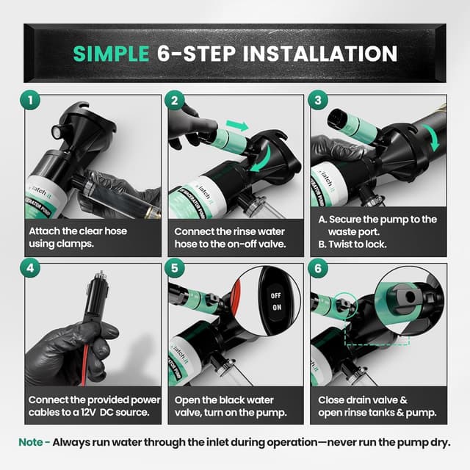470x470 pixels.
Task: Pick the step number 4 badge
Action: coord(31,270)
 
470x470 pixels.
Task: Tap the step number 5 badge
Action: coord(174,270)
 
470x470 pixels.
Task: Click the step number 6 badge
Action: coord(317,270)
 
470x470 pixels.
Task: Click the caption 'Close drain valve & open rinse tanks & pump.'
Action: coord(377,406)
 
